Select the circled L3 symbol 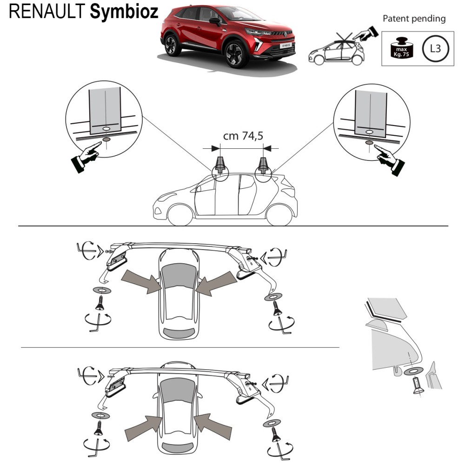point(435,48)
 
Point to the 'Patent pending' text point(413,19)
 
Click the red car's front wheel point(236,54)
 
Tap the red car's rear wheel point(173,46)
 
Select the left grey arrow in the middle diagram point(139,282)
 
